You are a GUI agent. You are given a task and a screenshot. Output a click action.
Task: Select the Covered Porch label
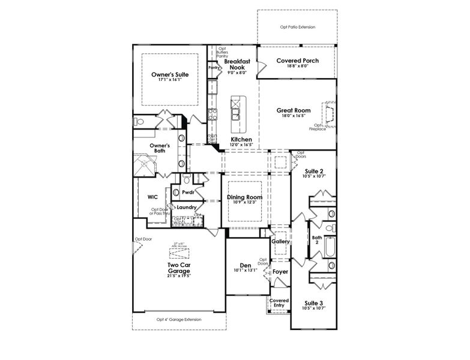[297, 61]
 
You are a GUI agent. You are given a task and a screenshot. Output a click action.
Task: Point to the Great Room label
[293, 110]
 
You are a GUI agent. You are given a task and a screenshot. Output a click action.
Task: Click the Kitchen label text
[241, 139]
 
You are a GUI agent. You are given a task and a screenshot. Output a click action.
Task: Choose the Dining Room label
[244, 197]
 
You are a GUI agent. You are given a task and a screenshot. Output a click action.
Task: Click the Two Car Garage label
[179, 268]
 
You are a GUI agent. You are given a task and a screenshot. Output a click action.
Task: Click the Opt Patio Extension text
[298, 27]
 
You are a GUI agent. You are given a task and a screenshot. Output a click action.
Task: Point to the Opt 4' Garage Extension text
[179, 319]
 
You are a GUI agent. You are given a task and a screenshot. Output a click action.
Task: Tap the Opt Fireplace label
[317, 127]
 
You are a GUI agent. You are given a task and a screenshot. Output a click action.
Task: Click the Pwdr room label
[188, 193]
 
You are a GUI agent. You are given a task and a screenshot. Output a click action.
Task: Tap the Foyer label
[280, 272]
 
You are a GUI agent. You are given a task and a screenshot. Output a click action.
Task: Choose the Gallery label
[280, 241]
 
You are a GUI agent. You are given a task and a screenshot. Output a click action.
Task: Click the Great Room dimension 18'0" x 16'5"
[293, 116]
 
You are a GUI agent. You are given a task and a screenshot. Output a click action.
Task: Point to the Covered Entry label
[279, 303]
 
